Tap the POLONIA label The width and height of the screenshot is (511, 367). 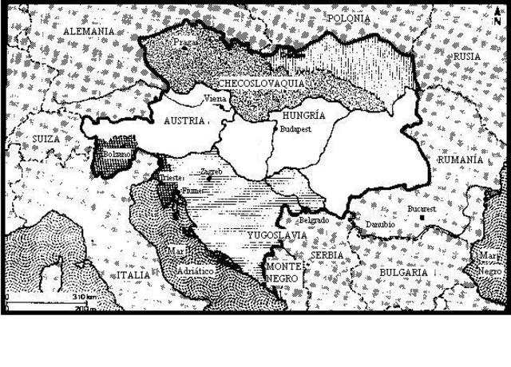[348, 17]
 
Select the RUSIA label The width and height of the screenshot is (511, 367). [467, 57]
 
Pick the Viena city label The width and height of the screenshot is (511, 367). [216, 99]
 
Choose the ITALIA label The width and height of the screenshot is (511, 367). [133, 274]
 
